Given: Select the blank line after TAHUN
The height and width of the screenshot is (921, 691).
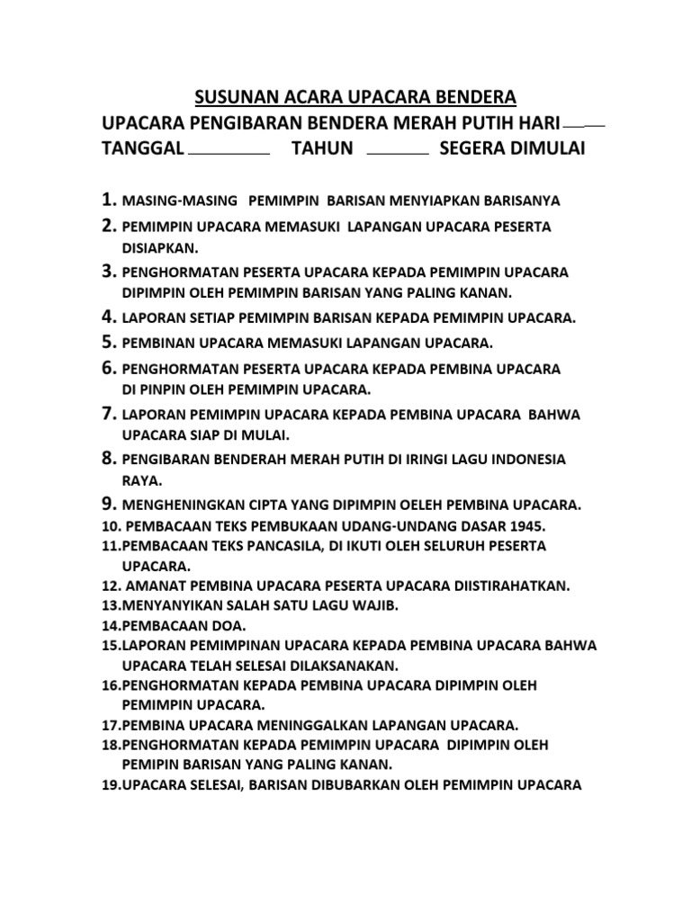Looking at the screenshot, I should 399,154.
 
